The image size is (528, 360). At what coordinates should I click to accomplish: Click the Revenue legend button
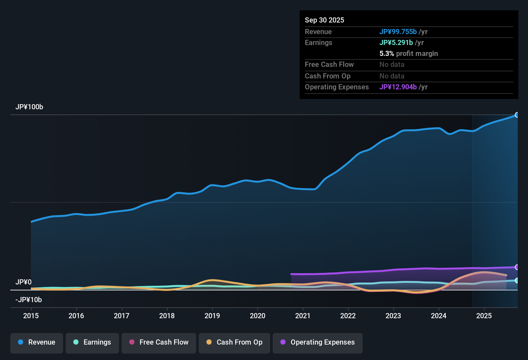[37, 342]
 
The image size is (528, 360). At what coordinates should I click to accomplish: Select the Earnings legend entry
[92, 342]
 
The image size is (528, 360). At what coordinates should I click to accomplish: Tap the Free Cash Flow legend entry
[159, 342]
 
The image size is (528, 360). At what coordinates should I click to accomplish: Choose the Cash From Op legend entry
[234, 342]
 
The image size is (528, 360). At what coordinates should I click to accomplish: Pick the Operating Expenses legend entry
[318, 342]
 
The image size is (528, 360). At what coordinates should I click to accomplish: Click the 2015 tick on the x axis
[31, 316]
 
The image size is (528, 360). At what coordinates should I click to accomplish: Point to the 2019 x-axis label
[212, 316]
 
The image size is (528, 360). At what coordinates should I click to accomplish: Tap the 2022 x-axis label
[348, 316]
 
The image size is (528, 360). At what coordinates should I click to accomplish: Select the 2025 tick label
[484, 316]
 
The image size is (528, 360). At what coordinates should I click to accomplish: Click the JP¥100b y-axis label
[29, 107]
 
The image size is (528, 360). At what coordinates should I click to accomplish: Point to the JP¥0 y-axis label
[23, 282]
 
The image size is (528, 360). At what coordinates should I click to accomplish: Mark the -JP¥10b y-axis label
[29, 300]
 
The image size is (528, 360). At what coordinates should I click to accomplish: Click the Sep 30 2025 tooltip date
[324, 20]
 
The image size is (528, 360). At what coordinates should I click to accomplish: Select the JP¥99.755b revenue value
[398, 32]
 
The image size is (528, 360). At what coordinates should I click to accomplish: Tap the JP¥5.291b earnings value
[396, 42]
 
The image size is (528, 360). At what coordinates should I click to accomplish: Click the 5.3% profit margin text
[409, 53]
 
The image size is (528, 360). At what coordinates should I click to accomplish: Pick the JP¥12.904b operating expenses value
[398, 87]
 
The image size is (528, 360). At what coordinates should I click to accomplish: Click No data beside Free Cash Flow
[392, 64]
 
